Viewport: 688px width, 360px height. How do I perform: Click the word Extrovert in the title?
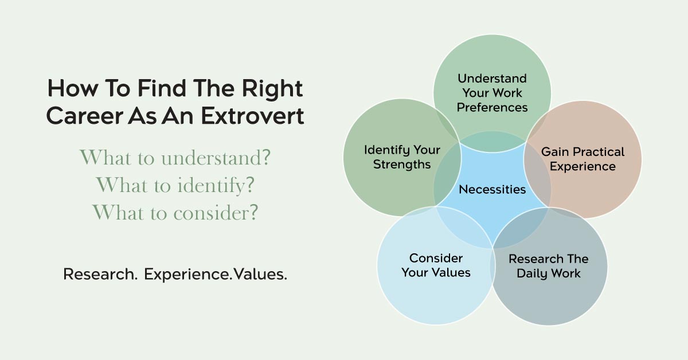pyautogui.click(x=252, y=116)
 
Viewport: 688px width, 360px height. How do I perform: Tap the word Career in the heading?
pyautogui.click(x=84, y=116)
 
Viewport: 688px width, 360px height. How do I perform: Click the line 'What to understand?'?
pyautogui.click(x=175, y=158)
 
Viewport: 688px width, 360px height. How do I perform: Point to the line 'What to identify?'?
pyautogui.click(x=175, y=186)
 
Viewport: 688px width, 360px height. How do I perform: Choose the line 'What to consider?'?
pyautogui.click(x=175, y=213)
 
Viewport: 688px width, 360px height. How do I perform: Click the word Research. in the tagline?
pyautogui.click(x=100, y=274)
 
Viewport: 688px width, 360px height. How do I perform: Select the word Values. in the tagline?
pyautogui.click(x=260, y=274)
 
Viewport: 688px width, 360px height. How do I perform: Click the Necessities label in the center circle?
pyautogui.click(x=492, y=190)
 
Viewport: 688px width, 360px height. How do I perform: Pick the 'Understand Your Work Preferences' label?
pyautogui.click(x=492, y=93)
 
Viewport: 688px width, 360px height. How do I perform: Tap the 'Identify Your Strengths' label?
pyautogui.click(x=402, y=157)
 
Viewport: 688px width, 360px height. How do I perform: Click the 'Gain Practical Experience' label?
pyautogui.click(x=583, y=159)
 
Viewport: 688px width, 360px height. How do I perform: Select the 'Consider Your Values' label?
pyautogui.click(x=436, y=265)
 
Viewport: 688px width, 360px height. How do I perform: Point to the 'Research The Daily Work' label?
pyautogui.click(x=549, y=267)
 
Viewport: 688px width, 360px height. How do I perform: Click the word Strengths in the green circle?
pyautogui.click(x=402, y=165)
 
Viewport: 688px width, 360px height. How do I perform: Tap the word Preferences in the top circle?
pyautogui.click(x=492, y=108)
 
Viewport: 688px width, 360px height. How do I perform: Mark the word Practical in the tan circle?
pyautogui.click(x=599, y=152)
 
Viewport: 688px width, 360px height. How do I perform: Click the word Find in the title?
pyautogui.click(x=162, y=88)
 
